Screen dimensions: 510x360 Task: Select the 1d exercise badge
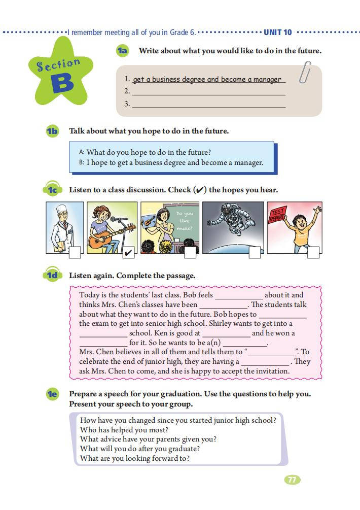point(52,276)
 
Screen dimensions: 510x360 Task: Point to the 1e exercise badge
point(52,394)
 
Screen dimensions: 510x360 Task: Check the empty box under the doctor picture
point(75,253)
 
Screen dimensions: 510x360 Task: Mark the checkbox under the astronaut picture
point(255,252)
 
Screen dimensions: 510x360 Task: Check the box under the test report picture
point(313,252)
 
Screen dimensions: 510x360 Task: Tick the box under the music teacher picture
point(190,252)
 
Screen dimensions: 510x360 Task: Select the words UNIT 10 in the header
point(278,32)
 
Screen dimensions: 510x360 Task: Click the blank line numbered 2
point(208,92)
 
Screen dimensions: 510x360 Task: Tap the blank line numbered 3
point(208,105)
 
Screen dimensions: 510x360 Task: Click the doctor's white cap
point(61,210)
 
